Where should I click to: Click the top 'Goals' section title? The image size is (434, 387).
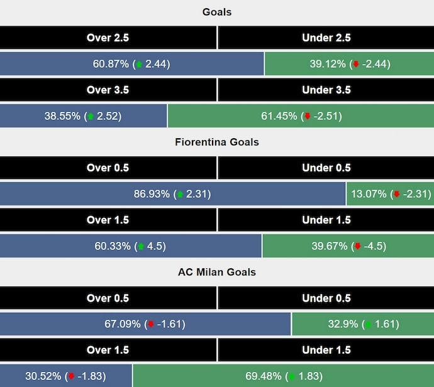216,12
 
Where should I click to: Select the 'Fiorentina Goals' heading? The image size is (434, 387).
216,142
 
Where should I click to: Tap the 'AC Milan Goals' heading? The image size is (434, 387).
216,272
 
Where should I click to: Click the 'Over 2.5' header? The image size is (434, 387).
108,38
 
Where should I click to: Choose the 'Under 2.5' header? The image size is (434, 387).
326,38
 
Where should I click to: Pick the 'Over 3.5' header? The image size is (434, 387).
108,90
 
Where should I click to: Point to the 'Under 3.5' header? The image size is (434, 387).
326,90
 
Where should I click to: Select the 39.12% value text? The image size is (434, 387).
327,64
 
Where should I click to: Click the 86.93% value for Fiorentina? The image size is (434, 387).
153,194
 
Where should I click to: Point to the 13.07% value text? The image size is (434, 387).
369,194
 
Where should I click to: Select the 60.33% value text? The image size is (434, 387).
113,246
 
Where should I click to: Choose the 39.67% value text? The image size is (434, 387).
329,246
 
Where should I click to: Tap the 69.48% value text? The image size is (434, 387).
264,376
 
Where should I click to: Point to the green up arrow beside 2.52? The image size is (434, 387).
91,116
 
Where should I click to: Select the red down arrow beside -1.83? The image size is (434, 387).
72,377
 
